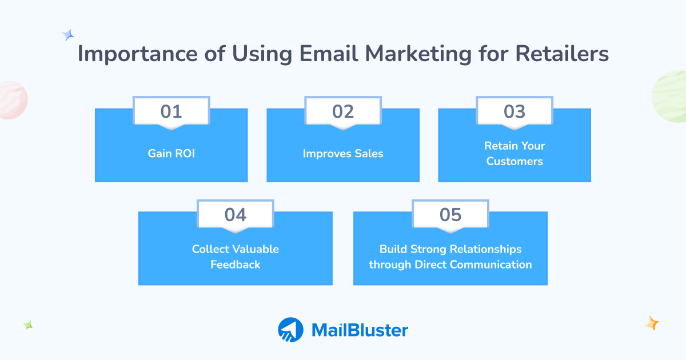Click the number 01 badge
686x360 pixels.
pyautogui.click(x=171, y=111)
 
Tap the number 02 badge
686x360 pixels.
pyautogui.click(x=343, y=111)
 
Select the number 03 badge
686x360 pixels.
pyautogui.click(x=514, y=111)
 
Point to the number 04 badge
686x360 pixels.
pyautogui.click(x=235, y=214)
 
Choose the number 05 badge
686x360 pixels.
pyautogui.click(x=450, y=214)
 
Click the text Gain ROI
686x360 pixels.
pyautogui.click(x=171, y=153)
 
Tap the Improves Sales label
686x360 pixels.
pyautogui.click(x=343, y=153)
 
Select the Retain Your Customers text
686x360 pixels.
pyautogui.click(x=514, y=153)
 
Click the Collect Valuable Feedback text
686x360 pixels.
pyautogui.click(x=235, y=257)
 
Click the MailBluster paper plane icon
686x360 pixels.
pyautogui.click(x=291, y=330)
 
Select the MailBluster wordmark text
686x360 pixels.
pyautogui.click(x=360, y=330)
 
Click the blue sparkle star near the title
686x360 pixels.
pyautogui.click(x=68, y=35)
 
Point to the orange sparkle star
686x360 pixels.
pyautogui.click(x=652, y=323)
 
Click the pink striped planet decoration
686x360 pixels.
pyautogui.click(x=11, y=100)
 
